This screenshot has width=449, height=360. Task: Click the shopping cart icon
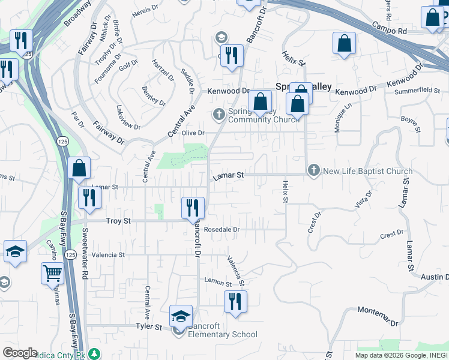[53, 274]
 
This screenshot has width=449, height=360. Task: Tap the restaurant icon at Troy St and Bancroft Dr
[193, 208]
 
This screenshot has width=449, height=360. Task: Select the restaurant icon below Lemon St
[235, 301]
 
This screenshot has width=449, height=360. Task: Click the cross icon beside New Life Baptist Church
[313, 172]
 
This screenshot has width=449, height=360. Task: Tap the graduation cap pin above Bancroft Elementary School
[181, 316]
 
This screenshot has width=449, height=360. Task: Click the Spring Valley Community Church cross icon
[219, 113]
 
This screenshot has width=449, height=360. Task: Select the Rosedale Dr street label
[221, 229]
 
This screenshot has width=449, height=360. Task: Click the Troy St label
[118, 221]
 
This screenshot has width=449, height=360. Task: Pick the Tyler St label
[149, 327]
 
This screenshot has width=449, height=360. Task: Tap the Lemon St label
[218, 282]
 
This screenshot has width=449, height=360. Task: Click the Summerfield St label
[418, 91]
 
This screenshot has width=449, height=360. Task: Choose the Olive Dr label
[193, 133]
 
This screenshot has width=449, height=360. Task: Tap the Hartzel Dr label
[163, 71]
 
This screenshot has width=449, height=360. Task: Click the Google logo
[20, 353]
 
